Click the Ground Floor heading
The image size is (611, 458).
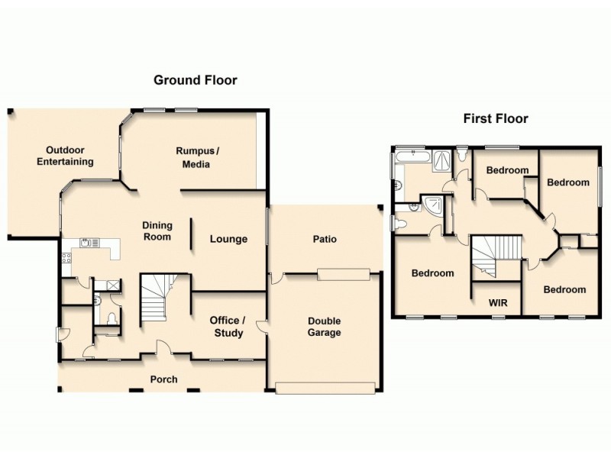[x=196, y=79]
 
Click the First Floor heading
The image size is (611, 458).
[x=496, y=118]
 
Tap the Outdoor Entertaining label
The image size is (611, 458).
[x=70, y=156]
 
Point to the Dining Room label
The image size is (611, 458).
[x=157, y=231]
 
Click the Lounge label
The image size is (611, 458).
[x=228, y=239]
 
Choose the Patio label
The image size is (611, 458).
[x=325, y=239]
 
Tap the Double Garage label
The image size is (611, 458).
[x=325, y=327]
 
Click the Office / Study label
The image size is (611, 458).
[x=228, y=327]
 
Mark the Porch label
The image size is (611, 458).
[x=163, y=379]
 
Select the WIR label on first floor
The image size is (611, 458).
[x=496, y=302]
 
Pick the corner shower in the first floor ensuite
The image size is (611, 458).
[x=434, y=204]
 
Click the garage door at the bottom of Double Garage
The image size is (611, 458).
[x=326, y=389]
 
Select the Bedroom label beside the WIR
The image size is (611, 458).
[x=432, y=273]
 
